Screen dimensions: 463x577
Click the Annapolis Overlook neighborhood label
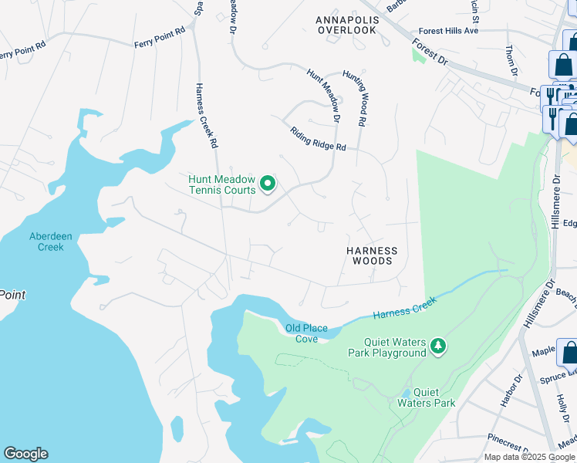(x=346, y=24)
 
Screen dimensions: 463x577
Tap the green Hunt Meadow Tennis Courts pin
(x=268, y=184)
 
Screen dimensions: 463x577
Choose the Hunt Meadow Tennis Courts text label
(x=222, y=184)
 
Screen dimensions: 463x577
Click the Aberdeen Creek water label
(x=46, y=242)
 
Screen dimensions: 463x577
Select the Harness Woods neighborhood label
(x=372, y=256)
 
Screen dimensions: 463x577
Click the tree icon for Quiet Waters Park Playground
(x=439, y=346)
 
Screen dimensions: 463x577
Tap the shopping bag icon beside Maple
(x=569, y=353)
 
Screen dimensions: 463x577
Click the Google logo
(x=25, y=454)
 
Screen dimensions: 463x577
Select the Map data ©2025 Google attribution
(x=529, y=457)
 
